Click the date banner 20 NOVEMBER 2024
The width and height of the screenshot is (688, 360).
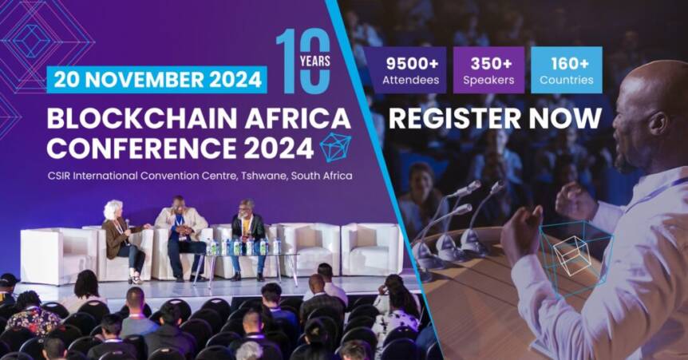point(156,80)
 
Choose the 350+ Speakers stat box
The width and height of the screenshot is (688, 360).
point(488,70)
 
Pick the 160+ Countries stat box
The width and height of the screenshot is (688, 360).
point(566,70)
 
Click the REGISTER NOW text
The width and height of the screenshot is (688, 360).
point(495,118)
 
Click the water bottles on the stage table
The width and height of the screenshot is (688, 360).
point(239,247)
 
